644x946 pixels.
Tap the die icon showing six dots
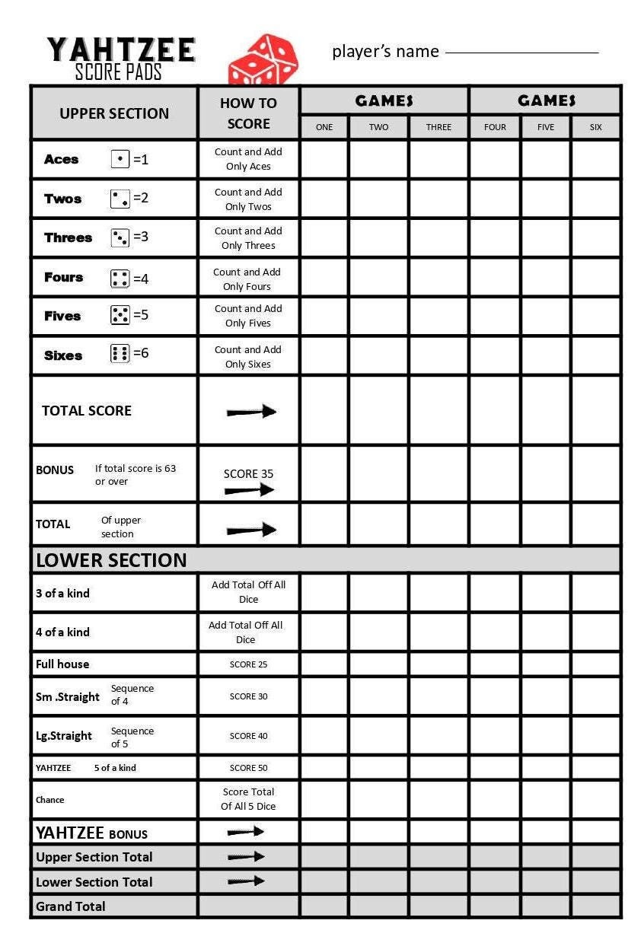click(120, 353)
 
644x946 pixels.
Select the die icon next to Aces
click(120, 159)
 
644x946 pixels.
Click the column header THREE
click(438, 127)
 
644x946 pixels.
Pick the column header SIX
click(595, 127)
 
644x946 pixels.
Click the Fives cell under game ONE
click(324, 316)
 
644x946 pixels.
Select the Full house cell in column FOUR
click(495, 664)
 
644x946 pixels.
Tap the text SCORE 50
click(248, 768)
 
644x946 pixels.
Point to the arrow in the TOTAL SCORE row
click(251, 412)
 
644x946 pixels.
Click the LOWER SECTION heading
click(111, 560)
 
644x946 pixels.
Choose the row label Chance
click(50, 800)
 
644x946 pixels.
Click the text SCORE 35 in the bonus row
click(248, 473)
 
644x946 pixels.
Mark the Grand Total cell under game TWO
click(378, 906)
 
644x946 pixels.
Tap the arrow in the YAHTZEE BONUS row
click(246, 832)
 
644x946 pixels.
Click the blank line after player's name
click(521, 52)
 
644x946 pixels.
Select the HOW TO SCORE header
click(248, 113)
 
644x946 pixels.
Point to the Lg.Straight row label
click(64, 736)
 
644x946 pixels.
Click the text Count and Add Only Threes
click(248, 238)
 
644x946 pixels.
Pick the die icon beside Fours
click(120, 279)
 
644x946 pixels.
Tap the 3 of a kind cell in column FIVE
click(546, 593)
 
